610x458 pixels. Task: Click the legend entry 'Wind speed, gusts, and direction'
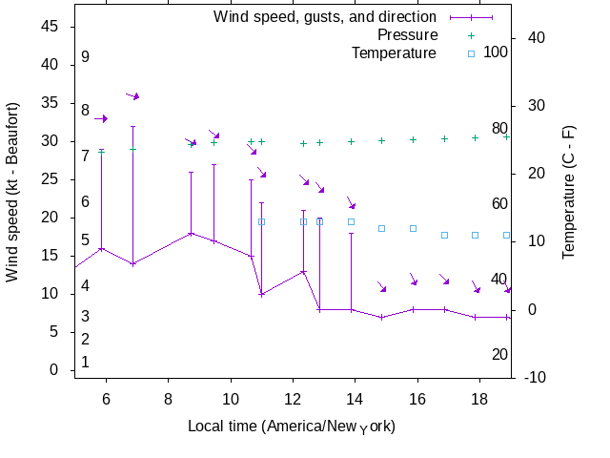(324, 16)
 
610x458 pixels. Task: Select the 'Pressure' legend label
(407, 34)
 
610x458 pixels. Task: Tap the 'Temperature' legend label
(394, 52)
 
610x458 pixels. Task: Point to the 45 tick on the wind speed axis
(50, 27)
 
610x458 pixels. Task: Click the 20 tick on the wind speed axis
(50, 218)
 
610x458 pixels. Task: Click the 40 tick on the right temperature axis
(536, 37)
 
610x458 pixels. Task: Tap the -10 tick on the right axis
(536, 378)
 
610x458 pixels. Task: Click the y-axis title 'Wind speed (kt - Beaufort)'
(12, 198)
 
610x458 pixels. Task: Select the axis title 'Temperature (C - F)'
(569, 198)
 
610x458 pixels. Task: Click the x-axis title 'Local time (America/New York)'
(292, 426)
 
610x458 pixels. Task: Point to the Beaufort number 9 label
(85, 57)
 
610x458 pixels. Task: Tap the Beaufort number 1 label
(85, 362)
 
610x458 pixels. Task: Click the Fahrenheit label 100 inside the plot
(496, 52)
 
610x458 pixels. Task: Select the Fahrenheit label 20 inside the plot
(499, 354)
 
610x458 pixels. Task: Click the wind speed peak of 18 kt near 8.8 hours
(192, 233)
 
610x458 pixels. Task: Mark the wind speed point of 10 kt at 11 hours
(261, 294)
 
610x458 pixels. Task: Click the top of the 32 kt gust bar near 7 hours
(133, 126)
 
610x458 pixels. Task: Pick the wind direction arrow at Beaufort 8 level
(101, 118)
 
